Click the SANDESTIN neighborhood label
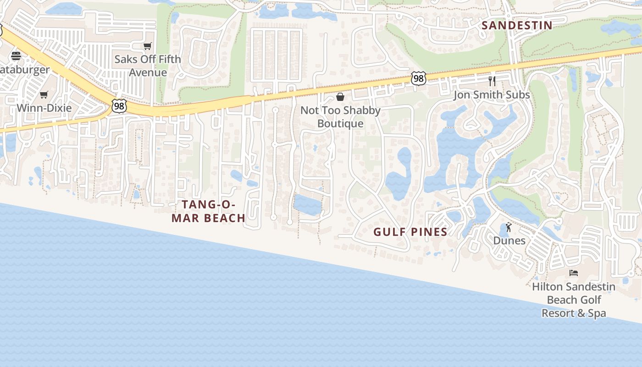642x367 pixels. click(x=517, y=26)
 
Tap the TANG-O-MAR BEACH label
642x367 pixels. click(x=208, y=211)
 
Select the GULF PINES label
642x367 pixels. click(x=410, y=232)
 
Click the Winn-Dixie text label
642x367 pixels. click(x=44, y=108)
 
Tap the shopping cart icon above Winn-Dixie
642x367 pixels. click(x=44, y=95)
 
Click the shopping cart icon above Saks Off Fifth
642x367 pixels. click(x=147, y=46)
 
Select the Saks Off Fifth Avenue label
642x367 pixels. click(x=148, y=66)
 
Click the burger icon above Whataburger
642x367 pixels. click(x=16, y=56)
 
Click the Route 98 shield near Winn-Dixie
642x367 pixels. click(x=119, y=106)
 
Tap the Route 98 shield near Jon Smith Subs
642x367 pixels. click(x=418, y=78)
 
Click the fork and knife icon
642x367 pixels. click(x=492, y=81)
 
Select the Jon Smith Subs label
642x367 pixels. click(x=492, y=95)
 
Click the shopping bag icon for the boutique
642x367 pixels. click(x=340, y=96)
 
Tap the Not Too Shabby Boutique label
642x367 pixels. click(x=340, y=117)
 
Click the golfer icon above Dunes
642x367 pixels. click(x=509, y=227)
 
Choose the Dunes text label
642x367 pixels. click(x=509, y=240)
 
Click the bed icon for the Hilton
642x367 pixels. click(x=573, y=273)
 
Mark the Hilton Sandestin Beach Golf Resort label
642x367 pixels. click(x=574, y=300)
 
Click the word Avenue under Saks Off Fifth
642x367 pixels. click(x=148, y=72)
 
